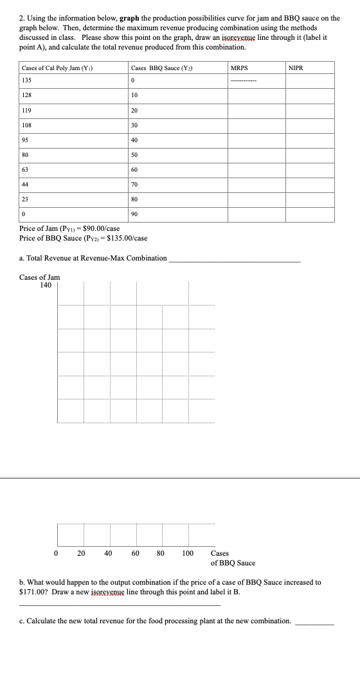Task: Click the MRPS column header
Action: [x=240, y=68]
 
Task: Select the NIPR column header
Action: [x=296, y=68]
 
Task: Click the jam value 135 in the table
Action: [x=26, y=81]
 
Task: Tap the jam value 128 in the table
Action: [x=26, y=95]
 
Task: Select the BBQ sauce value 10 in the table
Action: [x=134, y=95]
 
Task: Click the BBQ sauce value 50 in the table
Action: [x=134, y=156]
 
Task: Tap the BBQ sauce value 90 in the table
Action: [x=134, y=214]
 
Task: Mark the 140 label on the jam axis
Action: [x=46, y=285]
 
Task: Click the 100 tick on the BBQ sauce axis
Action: [x=187, y=553]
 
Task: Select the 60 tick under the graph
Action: [x=135, y=553]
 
